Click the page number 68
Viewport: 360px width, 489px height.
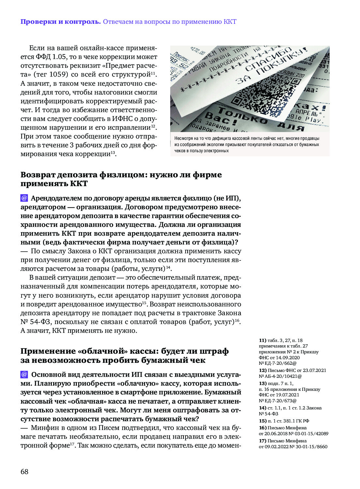tap(24, 471)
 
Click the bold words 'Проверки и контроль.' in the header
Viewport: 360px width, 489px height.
tap(61, 22)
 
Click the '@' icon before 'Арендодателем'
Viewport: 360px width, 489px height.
tap(24, 198)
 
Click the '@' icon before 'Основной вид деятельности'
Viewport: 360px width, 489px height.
tap(24, 374)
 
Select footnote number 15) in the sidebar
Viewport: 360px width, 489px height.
tap(263, 421)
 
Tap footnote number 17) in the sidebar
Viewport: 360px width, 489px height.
tap(263, 441)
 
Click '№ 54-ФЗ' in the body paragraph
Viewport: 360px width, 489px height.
tap(36, 322)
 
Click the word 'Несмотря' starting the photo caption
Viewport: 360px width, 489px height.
tap(184, 138)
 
